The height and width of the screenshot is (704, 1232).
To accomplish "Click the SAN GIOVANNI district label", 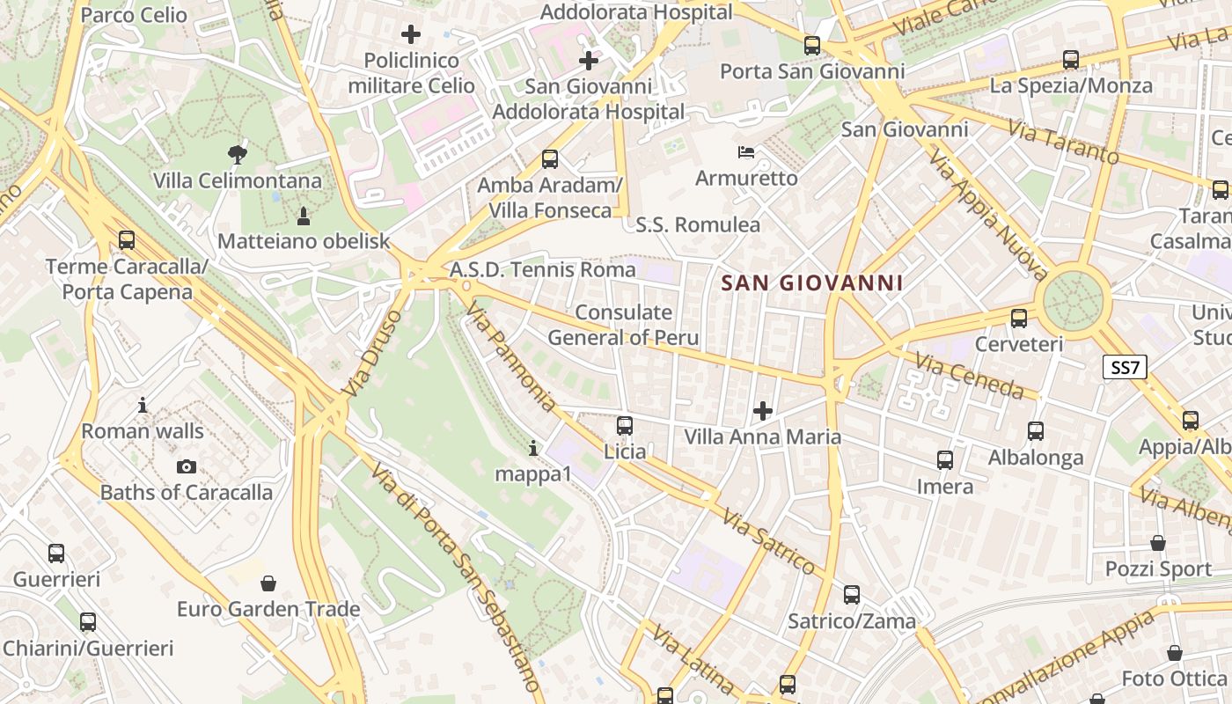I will [x=812, y=282].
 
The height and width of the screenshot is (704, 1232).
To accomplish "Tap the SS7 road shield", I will [x=1126, y=367].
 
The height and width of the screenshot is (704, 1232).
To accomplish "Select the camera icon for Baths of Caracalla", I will [x=187, y=467].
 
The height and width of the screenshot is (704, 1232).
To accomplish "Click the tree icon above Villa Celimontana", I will [x=237, y=155].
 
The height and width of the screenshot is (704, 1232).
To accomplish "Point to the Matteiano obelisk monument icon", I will [x=304, y=216].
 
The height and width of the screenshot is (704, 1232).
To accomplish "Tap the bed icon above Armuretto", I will [x=746, y=152].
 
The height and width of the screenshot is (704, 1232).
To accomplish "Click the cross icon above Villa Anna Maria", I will [x=763, y=411].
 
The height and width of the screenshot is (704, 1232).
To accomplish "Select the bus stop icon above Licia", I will [x=625, y=426].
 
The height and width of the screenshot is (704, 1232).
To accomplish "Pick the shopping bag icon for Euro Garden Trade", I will [x=268, y=583].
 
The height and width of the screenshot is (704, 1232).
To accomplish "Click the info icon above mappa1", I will [x=533, y=448].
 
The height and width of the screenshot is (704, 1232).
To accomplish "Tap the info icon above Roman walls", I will [x=143, y=406].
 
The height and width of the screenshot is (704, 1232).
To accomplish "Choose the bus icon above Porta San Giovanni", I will [x=812, y=45].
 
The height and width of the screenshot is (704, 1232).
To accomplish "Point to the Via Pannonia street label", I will [x=511, y=356].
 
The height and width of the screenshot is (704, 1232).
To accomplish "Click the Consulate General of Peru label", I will [x=623, y=325].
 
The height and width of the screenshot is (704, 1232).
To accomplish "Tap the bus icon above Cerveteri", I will [x=1019, y=318].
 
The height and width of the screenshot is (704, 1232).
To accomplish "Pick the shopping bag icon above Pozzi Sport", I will [x=1158, y=543].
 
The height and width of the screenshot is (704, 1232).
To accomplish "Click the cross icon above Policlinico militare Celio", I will [x=411, y=34].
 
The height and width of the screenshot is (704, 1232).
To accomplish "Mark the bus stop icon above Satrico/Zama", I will [x=851, y=594].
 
